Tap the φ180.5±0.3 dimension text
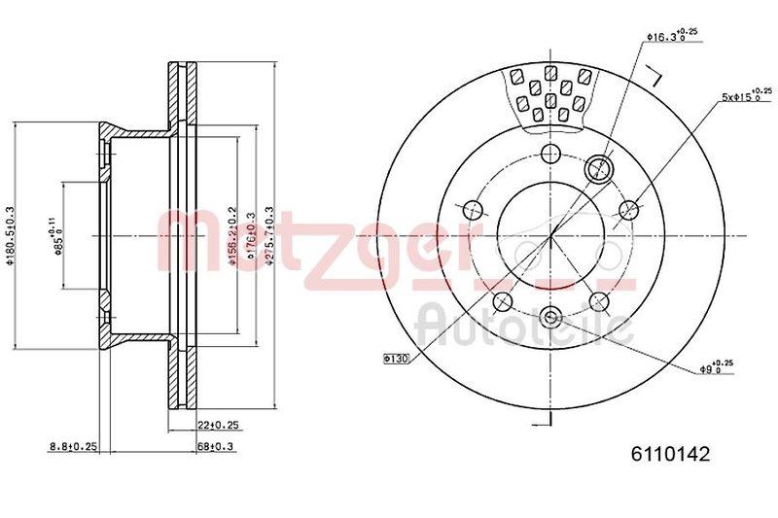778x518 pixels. pyautogui.click(x=10, y=237)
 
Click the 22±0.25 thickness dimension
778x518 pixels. pyautogui.click(x=219, y=425)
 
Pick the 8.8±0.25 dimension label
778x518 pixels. pyautogui.click(x=73, y=446)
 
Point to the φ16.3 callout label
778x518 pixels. pyautogui.click(x=671, y=36)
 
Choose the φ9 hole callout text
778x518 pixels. pyautogui.click(x=716, y=367)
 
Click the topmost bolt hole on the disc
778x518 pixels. pyautogui.click(x=550, y=154)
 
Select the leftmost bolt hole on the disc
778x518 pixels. pyautogui.click(x=474, y=209)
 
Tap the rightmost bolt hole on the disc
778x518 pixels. pyautogui.click(x=628, y=209)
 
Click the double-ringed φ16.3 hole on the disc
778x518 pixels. pyautogui.click(x=600, y=168)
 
